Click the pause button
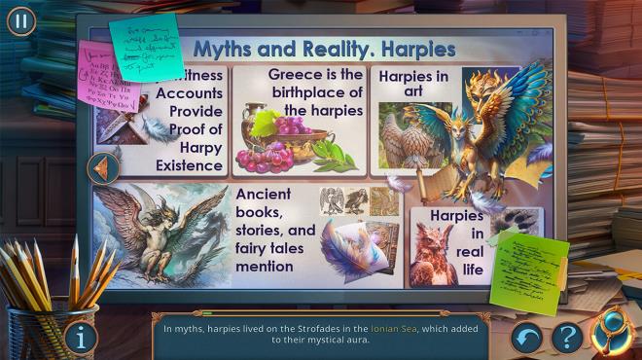tap(20, 20)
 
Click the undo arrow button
tap(528, 338)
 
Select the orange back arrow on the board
tap(102, 168)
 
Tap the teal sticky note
tap(145, 44)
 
